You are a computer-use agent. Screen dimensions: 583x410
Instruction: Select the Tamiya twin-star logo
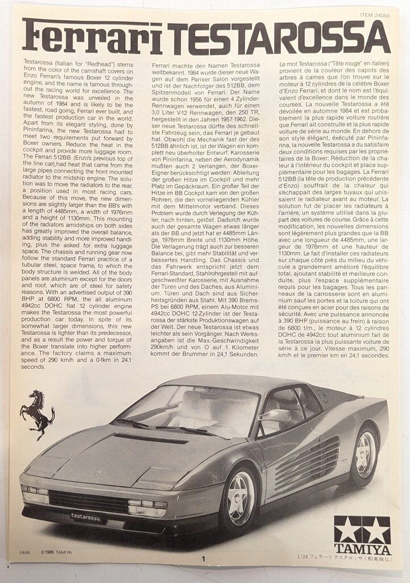(x=362, y=529)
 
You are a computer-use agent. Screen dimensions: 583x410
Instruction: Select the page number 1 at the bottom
(x=202, y=559)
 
